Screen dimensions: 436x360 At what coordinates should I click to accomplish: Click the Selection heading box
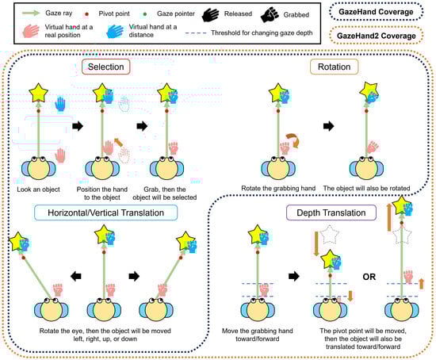tap(106, 67)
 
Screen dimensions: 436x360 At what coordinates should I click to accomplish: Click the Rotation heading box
tap(334, 67)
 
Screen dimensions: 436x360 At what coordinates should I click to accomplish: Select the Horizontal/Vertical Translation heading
tap(105, 213)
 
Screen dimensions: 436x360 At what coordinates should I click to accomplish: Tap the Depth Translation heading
tap(331, 213)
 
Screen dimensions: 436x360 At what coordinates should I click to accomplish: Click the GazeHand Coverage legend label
tap(376, 12)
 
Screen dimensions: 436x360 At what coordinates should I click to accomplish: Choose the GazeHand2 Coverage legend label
tap(377, 36)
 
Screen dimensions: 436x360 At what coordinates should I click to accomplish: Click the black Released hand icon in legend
tap(211, 15)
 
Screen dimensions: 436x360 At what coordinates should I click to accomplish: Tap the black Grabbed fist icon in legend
tap(270, 15)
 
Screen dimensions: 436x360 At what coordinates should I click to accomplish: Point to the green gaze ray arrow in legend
tap(31, 13)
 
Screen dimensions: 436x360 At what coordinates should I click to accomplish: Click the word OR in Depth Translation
tap(369, 277)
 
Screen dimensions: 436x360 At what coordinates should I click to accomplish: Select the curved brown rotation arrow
tap(293, 140)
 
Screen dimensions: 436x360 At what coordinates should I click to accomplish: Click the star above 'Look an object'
tap(38, 93)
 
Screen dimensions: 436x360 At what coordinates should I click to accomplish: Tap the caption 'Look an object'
tap(38, 190)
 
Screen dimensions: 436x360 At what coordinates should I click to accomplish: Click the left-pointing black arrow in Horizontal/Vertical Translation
tap(75, 276)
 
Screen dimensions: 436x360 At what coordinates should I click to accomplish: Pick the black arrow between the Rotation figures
tap(328, 126)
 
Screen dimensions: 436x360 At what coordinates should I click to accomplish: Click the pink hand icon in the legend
tap(31, 31)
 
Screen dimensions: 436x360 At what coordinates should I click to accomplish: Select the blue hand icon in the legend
tap(115, 31)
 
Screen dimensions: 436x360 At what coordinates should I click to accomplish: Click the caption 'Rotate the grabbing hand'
tap(278, 189)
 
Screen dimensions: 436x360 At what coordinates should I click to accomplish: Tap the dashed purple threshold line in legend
tap(196, 33)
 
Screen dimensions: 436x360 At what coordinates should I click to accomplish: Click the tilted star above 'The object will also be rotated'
tap(369, 90)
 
